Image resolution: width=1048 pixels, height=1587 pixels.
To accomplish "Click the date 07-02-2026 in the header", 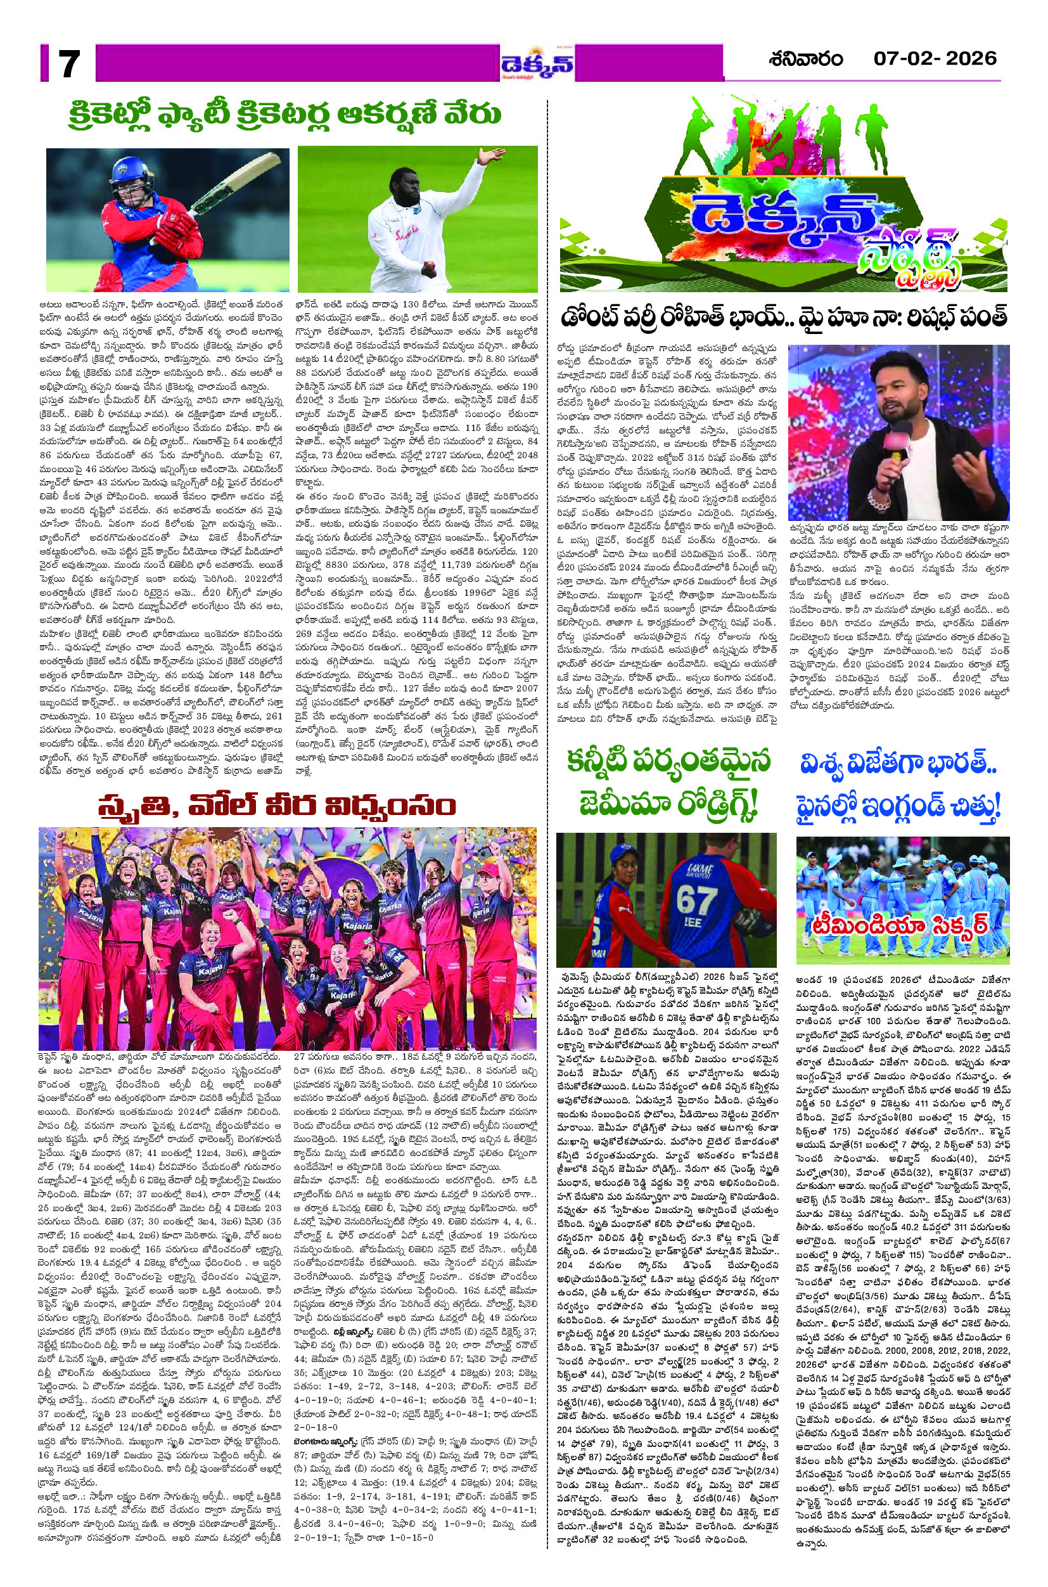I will coord(935,58).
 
